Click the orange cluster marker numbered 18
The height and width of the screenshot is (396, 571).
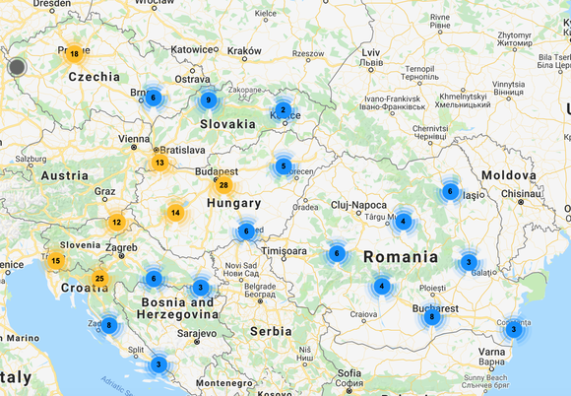pyautogui.click(x=74, y=54)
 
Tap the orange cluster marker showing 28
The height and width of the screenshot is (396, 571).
pyautogui.click(x=223, y=185)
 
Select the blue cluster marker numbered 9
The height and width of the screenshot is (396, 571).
pyautogui.click(x=207, y=99)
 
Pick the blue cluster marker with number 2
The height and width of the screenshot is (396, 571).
pyautogui.click(x=283, y=110)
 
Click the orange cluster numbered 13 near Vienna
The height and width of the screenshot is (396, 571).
pyautogui.click(x=159, y=163)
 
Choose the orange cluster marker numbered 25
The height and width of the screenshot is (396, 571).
pyautogui.click(x=99, y=280)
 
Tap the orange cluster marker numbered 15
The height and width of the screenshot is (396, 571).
pyautogui.click(x=56, y=261)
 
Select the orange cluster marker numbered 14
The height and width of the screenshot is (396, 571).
pyautogui.click(x=175, y=212)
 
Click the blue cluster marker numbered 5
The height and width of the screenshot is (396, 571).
pyautogui.click(x=284, y=166)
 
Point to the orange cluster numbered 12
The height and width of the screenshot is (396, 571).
pyautogui.click(x=116, y=223)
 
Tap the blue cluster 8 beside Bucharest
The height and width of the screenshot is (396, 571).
pyautogui.click(x=431, y=316)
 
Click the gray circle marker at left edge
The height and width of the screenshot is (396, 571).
pyautogui.click(x=17, y=67)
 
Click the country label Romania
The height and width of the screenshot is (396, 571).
pyautogui.click(x=401, y=256)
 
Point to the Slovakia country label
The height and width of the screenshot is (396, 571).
pyautogui.click(x=227, y=124)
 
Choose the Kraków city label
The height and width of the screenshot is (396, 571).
pyautogui.click(x=244, y=50)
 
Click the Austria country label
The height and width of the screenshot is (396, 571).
pyautogui.click(x=65, y=175)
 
